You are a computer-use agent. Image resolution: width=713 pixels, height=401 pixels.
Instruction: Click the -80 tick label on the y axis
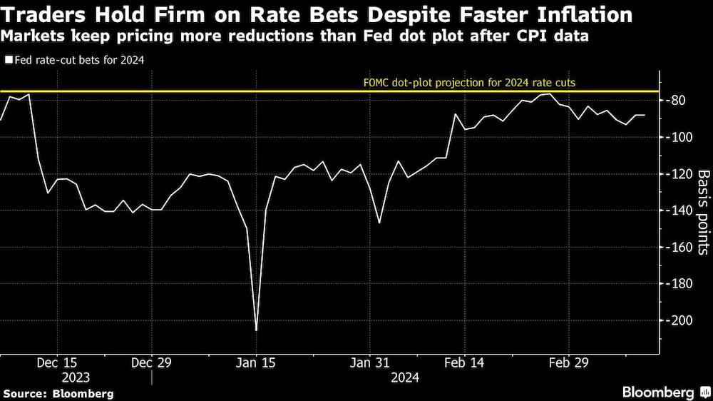(x=677, y=101)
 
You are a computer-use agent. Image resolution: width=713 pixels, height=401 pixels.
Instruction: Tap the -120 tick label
(x=680, y=174)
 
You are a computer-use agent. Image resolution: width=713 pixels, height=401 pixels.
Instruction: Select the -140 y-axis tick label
(x=680, y=210)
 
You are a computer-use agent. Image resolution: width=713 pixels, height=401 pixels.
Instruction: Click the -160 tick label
(x=680, y=248)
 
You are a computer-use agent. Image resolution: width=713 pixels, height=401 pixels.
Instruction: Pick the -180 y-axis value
(x=680, y=284)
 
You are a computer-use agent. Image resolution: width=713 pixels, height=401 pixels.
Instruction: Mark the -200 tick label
(x=680, y=320)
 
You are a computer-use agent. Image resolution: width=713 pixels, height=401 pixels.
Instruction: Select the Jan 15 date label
(x=256, y=363)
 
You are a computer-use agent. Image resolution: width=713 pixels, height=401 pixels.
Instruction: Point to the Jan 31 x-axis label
(x=369, y=363)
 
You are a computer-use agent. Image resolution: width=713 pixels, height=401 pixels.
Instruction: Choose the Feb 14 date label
(x=463, y=363)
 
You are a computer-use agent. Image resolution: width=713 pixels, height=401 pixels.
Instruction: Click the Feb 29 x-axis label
(x=568, y=363)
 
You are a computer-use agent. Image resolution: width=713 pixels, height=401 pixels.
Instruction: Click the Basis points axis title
(x=702, y=212)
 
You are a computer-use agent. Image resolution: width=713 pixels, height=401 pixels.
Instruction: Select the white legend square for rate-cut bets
(x=8, y=61)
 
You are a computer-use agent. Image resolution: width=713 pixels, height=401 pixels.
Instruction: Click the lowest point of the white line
(x=256, y=330)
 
